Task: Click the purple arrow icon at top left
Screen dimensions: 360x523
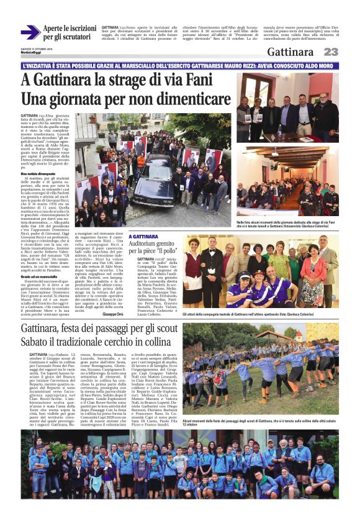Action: click(x=30, y=32)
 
